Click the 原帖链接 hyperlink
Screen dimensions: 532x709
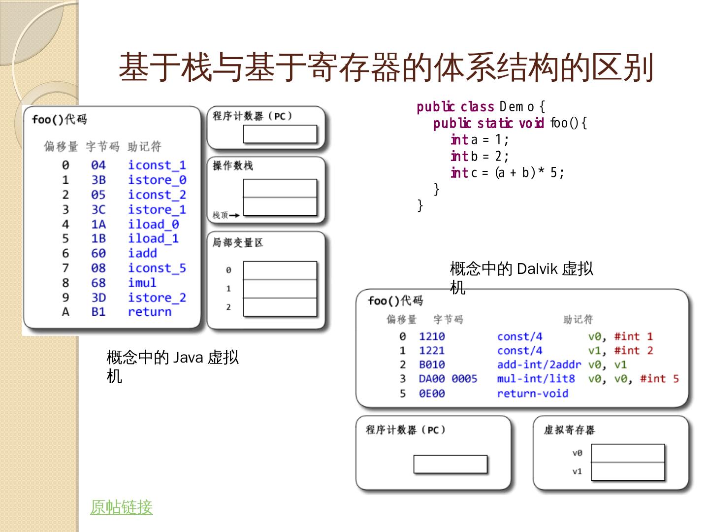[x=121, y=507]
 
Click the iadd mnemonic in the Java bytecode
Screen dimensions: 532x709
[x=142, y=253]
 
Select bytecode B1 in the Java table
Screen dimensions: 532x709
[x=98, y=312]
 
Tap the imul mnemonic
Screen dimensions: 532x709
[x=142, y=283]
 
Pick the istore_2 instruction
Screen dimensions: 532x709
[x=157, y=298]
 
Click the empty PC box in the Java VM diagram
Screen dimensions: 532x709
[x=280, y=134]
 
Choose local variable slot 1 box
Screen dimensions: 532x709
[x=280, y=289]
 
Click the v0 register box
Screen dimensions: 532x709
[x=628, y=453]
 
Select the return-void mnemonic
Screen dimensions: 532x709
[x=532, y=394]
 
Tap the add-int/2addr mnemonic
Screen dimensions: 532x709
[x=539, y=365]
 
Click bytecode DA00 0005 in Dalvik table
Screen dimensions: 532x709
[x=448, y=379]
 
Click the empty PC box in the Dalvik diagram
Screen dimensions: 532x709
[x=450, y=464]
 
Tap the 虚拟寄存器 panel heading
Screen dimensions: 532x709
[x=569, y=430]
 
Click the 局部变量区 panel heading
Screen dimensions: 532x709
[x=237, y=242]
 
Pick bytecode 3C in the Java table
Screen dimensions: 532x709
[x=98, y=209]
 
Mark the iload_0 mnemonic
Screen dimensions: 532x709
[x=153, y=224]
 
